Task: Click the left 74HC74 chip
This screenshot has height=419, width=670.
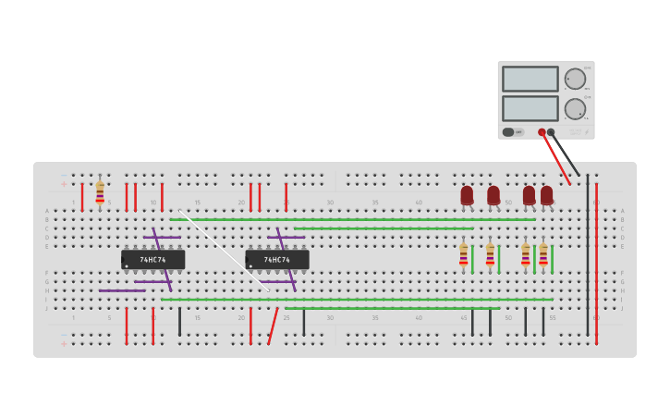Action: (152, 260)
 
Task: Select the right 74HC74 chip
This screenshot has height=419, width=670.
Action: (276, 260)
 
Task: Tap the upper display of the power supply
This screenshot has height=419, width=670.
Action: (530, 79)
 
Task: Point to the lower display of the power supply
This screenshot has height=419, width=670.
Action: (530, 108)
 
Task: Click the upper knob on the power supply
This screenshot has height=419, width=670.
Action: (575, 79)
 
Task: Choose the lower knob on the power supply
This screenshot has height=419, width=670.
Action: (575, 109)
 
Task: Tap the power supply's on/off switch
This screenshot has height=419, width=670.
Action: (508, 132)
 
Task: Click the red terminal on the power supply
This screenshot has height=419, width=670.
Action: (542, 132)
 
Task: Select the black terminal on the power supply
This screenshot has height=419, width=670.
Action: (551, 132)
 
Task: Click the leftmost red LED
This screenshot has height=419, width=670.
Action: (467, 195)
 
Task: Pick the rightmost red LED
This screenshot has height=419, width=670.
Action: (546, 195)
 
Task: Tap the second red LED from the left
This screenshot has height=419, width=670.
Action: (493, 195)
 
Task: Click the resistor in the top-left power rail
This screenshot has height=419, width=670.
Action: (100, 192)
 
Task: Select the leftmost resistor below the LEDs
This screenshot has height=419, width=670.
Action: (463, 254)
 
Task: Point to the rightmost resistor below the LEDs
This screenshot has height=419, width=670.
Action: (543, 254)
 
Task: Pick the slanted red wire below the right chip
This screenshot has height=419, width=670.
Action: (273, 326)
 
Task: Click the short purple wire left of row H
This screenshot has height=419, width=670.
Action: (121, 290)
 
